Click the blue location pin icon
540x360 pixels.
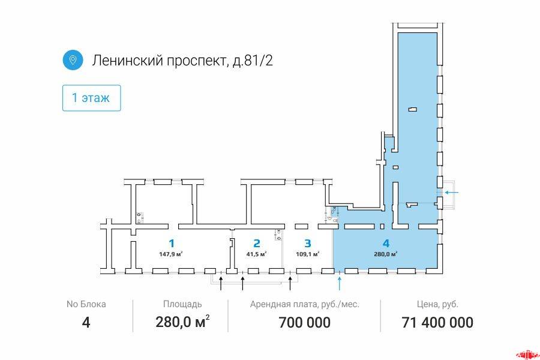pos(73,60)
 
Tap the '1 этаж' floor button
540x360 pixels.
pos(92,98)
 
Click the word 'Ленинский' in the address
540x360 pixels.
pos(127,61)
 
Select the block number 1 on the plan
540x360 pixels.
pos(171,244)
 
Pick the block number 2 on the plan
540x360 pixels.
pos(257,244)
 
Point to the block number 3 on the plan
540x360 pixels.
pos(308,244)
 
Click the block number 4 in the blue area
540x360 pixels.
pos(386,244)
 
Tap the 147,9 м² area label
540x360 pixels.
pos(171,254)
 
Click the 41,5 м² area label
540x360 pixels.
pos(257,254)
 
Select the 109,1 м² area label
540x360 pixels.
pos(308,254)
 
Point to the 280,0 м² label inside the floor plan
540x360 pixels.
pos(386,254)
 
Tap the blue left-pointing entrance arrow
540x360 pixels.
pos(451,193)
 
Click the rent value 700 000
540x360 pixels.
pos(304,322)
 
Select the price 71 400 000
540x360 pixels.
pos(437,322)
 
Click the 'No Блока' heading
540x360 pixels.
pos(86,304)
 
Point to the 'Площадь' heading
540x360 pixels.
pos(182,305)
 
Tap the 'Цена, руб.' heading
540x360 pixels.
pos(437,305)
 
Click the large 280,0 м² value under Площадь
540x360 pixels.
pos(182,322)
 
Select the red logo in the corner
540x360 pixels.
pos(527,355)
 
